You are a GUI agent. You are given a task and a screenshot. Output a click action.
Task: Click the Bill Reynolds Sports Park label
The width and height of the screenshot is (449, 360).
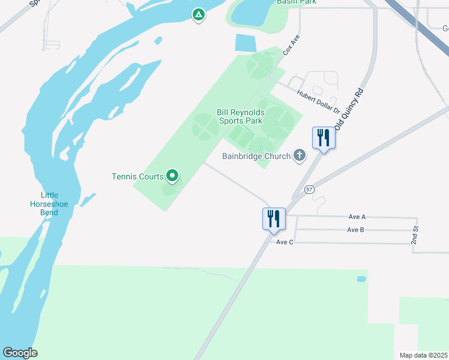(240, 116)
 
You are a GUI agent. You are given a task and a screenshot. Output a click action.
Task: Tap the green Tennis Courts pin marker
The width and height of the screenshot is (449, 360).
(172, 176)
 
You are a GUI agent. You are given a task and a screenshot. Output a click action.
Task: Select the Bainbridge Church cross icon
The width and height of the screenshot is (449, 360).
(299, 156)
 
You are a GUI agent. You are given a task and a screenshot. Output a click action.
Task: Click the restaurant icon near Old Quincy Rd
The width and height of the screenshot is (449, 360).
(324, 138)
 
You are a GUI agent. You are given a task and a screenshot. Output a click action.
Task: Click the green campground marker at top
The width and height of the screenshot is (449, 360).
(198, 14)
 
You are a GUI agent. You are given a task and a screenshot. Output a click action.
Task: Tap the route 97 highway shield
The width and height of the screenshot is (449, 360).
(309, 190)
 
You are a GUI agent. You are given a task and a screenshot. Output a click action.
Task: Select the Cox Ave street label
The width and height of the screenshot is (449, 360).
(291, 45)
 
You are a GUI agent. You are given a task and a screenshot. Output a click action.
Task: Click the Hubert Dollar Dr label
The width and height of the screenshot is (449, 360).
(319, 101)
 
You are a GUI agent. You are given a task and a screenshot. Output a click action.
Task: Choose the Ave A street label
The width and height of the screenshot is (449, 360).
(357, 216)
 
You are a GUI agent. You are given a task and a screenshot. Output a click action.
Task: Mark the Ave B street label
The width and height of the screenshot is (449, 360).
(355, 230)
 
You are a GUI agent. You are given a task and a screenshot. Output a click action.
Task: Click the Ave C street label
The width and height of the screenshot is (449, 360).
(285, 242)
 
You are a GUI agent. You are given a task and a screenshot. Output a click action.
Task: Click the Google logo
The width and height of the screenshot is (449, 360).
(20, 353)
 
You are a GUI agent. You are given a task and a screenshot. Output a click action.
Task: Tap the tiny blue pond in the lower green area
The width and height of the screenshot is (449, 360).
(361, 279)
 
